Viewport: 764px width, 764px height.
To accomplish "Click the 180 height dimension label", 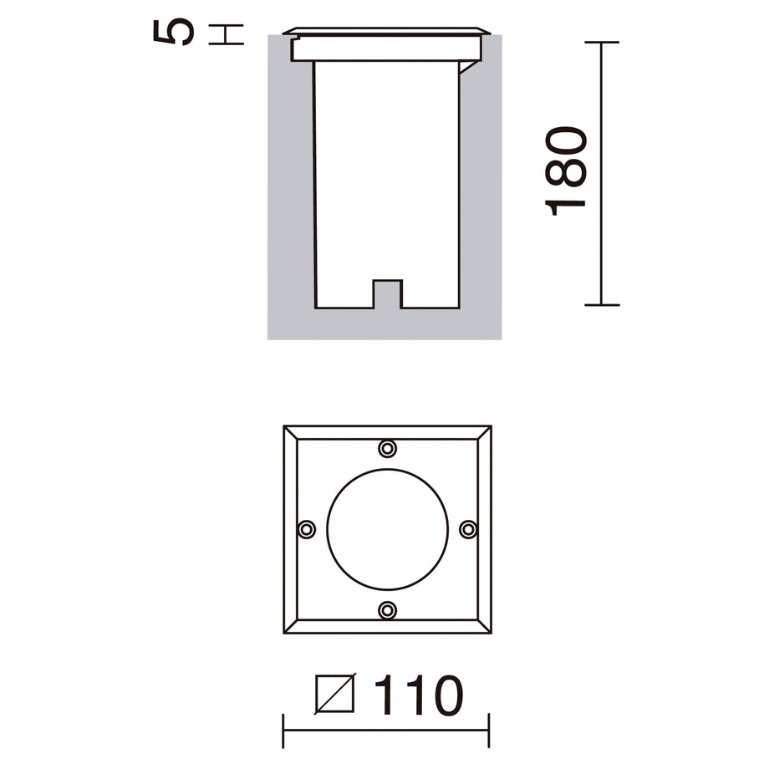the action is [566, 171].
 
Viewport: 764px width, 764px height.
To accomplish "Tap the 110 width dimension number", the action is [419, 695].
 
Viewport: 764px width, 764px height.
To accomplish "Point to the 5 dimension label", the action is [174, 32].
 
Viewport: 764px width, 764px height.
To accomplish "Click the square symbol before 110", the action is [335, 694].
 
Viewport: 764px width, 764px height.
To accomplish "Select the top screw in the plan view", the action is [387, 448].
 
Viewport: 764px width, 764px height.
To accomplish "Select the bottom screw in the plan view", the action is [387, 609].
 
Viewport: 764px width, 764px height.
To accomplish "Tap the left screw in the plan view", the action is [307, 529].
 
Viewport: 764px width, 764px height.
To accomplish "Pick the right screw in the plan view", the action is [468, 529].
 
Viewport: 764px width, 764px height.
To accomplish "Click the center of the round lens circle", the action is [387, 530].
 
